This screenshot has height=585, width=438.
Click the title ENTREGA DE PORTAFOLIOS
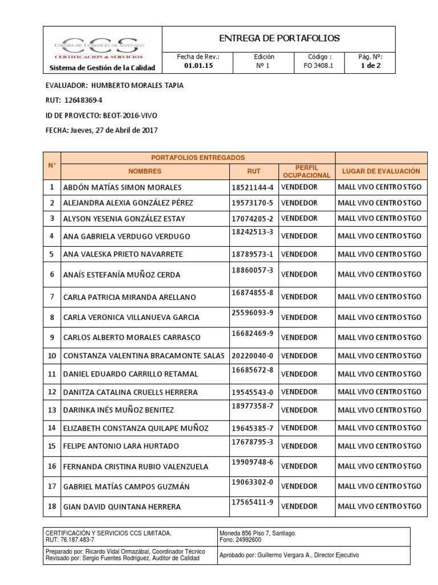tap(279, 38)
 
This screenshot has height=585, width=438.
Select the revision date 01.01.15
tap(198, 66)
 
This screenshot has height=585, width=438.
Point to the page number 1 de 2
tap(370, 66)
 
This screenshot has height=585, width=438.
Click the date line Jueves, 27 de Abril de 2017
tap(114, 130)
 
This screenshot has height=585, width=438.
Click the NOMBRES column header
tap(145, 171)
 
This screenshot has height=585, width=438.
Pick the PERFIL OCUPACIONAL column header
tap(306, 171)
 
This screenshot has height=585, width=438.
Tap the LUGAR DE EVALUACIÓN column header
tap(380, 171)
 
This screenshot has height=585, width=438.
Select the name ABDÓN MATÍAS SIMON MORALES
tap(122, 188)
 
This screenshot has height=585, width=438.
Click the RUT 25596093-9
tap(252, 313)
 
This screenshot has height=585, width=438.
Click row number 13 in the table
tap(52, 410)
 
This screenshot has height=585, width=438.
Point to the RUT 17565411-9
tap(252, 503)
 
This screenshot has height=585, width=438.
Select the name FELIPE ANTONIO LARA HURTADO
tap(121, 446)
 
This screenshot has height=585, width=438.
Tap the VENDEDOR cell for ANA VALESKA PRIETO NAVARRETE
tap(299, 253)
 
